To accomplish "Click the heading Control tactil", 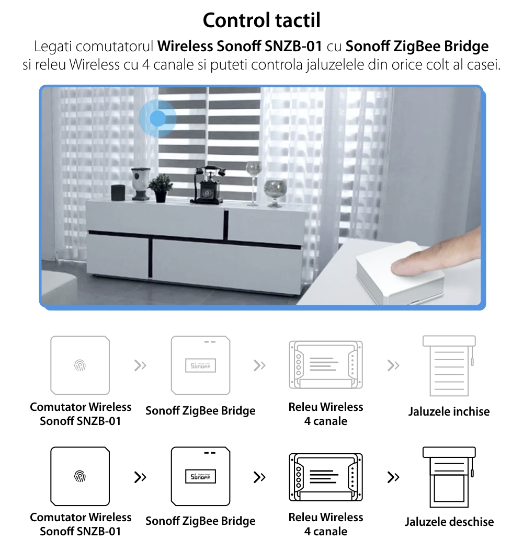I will pyautogui.click(x=261, y=20).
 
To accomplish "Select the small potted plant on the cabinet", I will pyautogui.click(x=160, y=188).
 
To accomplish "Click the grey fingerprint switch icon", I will pyautogui.click(x=80, y=365).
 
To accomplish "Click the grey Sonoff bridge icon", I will pyautogui.click(x=201, y=365).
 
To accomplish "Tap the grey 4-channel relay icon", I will pyautogui.click(x=326, y=365).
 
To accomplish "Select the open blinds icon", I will pyautogui.click(x=449, y=476).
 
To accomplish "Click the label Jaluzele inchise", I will pyautogui.click(x=449, y=412).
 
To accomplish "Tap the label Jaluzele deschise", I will pyautogui.click(x=449, y=522).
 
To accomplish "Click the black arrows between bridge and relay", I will pyautogui.click(x=259, y=477).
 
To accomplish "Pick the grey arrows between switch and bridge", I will pyautogui.click(x=140, y=365).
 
